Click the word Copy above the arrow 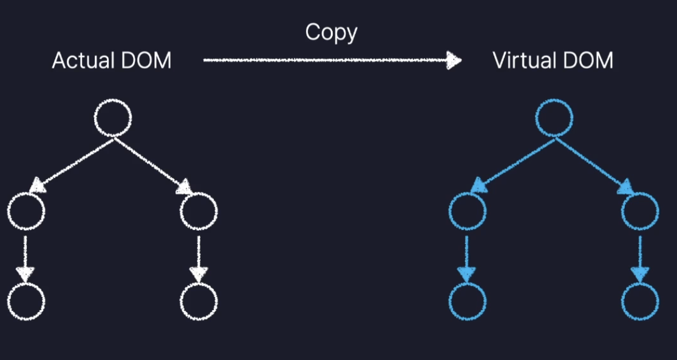tap(331, 32)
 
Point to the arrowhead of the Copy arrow tap(453, 59)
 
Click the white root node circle tap(113, 119)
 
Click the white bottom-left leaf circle tap(26, 301)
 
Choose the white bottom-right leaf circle tap(199, 301)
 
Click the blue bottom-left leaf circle tap(467, 301)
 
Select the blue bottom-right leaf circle tap(640, 301)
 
